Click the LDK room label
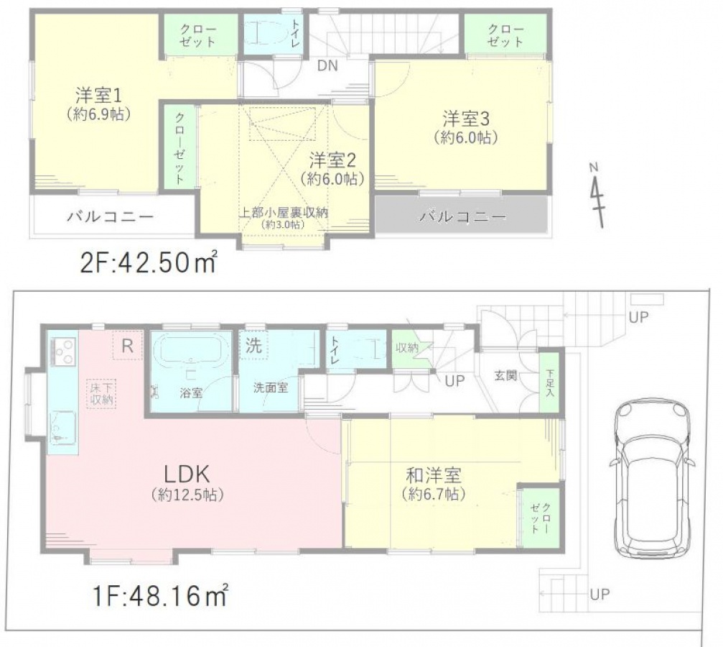(187, 474)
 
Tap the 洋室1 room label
(98, 96)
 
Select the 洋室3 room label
(466, 119)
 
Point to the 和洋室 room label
(434, 475)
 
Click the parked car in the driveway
(652, 479)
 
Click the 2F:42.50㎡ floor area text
(149, 263)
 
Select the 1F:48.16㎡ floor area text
(159, 595)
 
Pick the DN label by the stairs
(327, 65)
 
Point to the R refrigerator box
(128, 346)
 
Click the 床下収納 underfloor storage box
(101, 393)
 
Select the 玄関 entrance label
(506, 375)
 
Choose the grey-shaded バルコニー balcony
(462, 215)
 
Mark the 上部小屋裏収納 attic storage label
(283, 213)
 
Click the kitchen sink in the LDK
(62, 428)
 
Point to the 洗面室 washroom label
(271, 388)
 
